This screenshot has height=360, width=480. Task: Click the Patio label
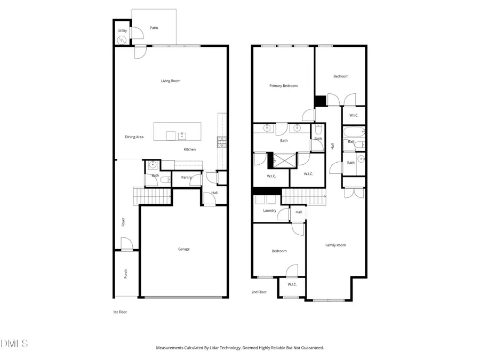point(154,28)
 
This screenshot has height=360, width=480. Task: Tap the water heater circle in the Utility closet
point(122,40)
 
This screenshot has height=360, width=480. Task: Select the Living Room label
point(171,81)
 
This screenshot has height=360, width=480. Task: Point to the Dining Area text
point(134,137)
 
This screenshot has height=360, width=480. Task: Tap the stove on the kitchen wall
point(221,142)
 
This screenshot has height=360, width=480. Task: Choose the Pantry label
point(186,177)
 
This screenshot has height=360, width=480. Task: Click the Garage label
point(183,249)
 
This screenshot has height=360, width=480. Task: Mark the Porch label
point(126,274)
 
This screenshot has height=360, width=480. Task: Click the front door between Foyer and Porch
point(126,250)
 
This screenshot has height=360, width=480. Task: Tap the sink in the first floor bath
point(153,165)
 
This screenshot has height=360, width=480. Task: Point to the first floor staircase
point(151,196)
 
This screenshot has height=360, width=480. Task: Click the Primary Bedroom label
point(283,86)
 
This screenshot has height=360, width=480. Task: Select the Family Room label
point(335,245)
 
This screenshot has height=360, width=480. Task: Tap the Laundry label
point(269,211)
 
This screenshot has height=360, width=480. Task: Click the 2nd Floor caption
point(259,292)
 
